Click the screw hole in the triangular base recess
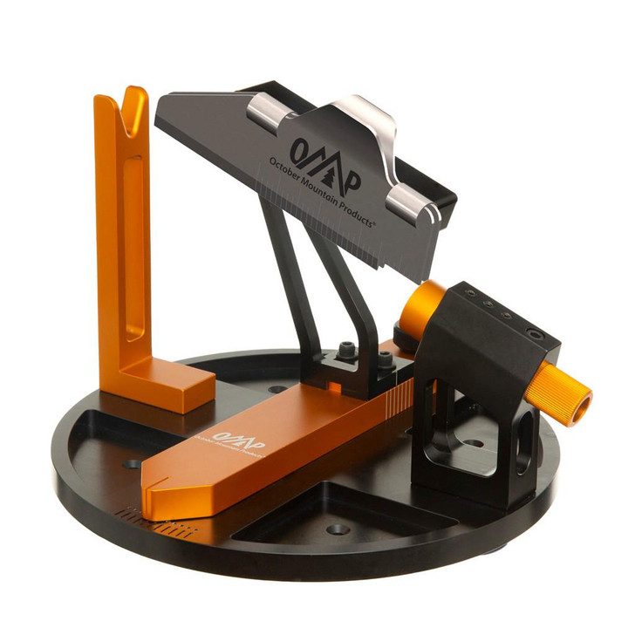tap(338, 529)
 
